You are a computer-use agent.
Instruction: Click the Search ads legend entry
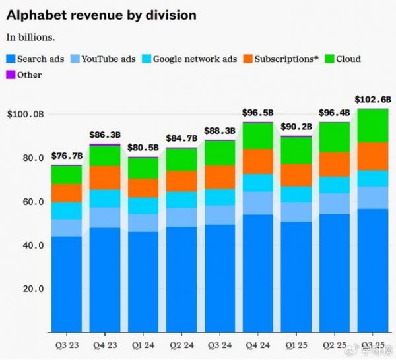(36, 59)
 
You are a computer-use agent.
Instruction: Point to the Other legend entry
(24, 75)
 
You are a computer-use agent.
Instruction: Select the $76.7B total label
(67, 156)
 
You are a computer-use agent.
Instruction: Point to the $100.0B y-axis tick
(26, 115)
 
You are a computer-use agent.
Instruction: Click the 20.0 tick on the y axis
(32, 289)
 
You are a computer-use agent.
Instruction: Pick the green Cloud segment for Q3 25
(374, 125)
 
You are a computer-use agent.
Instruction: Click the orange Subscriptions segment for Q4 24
(258, 162)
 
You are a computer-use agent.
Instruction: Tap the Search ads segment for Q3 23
(67, 284)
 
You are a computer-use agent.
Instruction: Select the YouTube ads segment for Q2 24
(181, 217)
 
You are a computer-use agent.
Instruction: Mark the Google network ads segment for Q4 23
(105, 198)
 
